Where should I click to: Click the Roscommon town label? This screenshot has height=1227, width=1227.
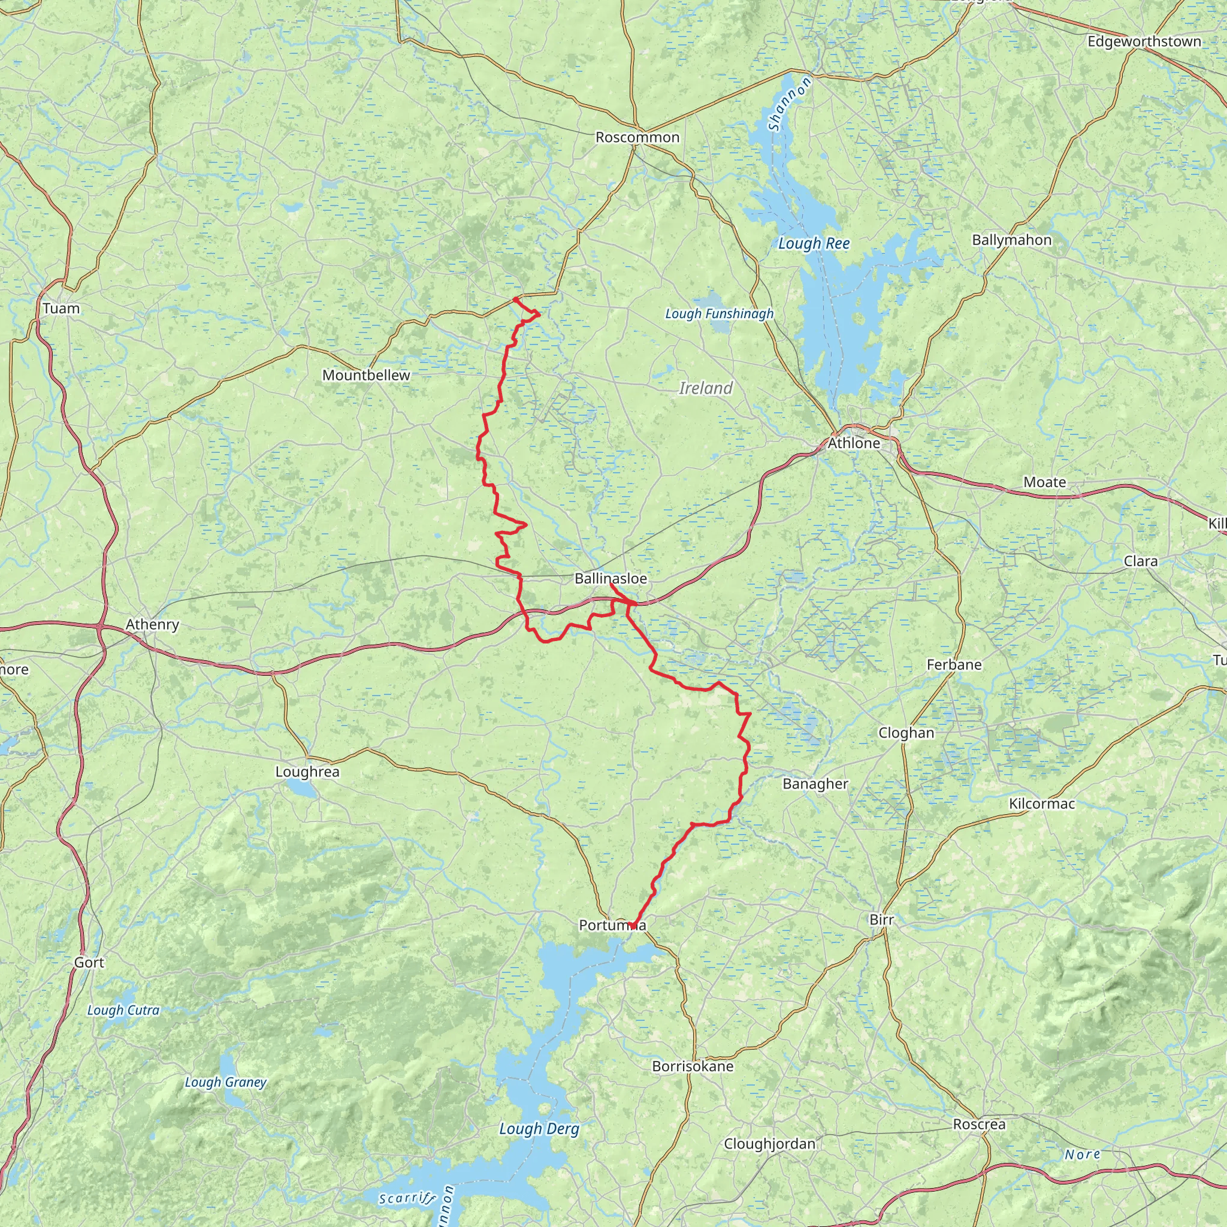click(637, 137)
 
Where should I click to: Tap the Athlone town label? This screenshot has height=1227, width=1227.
click(854, 443)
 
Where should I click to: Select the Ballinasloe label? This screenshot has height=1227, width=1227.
click(611, 579)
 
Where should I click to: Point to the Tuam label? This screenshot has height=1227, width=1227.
click(61, 309)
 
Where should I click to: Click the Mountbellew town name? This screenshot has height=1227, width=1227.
click(366, 375)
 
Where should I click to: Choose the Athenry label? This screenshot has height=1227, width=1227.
click(152, 624)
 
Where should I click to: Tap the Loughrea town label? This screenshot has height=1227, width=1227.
click(307, 772)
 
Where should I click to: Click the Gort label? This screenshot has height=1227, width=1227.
click(89, 962)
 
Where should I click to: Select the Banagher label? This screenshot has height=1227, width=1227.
click(815, 784)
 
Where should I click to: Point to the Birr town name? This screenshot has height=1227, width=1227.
click(881, 920)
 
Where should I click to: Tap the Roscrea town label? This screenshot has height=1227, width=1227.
click(980, 1123)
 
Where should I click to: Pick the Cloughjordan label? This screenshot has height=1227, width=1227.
click(770, 1144)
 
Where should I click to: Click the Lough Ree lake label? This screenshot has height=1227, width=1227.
click(814, 243)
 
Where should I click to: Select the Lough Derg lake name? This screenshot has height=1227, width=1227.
click(539, 1129)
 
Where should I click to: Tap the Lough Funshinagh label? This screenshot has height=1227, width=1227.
click(719, 314)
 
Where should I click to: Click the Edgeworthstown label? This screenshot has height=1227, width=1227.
click(1144, 42)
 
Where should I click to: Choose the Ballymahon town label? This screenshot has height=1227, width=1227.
click(1012, 240)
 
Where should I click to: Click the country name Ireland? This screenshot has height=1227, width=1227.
click(706, 388)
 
